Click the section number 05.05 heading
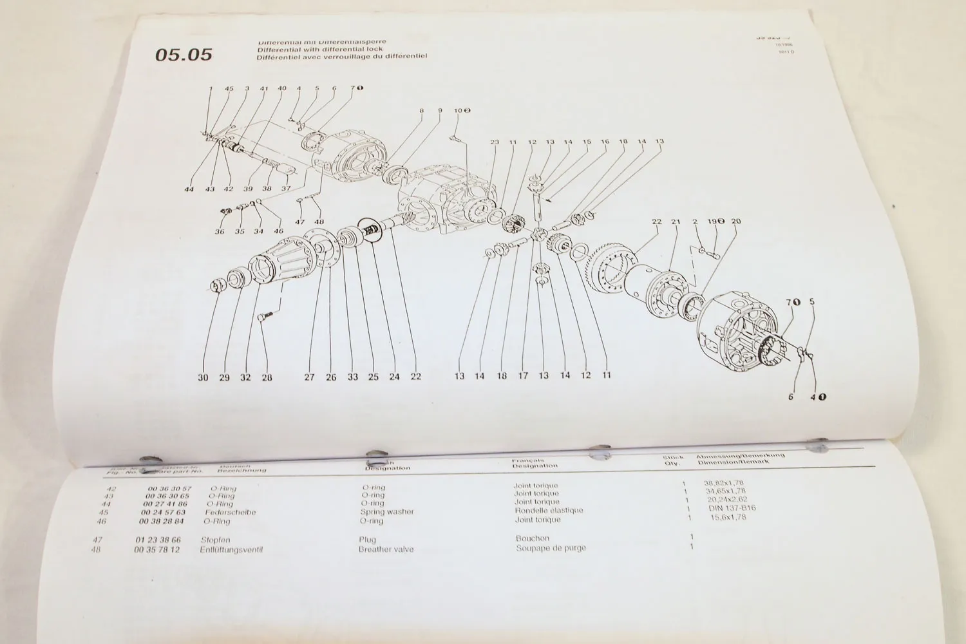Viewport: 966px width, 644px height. pos(184,55)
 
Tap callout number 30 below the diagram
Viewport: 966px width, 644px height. pos(203,378)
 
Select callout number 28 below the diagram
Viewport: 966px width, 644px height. pos(266,378)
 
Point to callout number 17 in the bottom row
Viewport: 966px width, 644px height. pos(523,376)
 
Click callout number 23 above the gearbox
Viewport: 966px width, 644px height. pos(494,142)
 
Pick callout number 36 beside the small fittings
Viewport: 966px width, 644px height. pos(220,231)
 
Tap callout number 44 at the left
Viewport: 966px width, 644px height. pos(189,189)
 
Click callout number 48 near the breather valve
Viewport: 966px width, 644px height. pos(318,222)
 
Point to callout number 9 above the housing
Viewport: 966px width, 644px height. pos(440,111)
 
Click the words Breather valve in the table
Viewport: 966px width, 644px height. pos(386,549)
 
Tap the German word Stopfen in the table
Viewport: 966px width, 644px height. pos(215,540)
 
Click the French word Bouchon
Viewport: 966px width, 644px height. pos(532,538)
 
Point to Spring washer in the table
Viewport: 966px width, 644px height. pos(386,512)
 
